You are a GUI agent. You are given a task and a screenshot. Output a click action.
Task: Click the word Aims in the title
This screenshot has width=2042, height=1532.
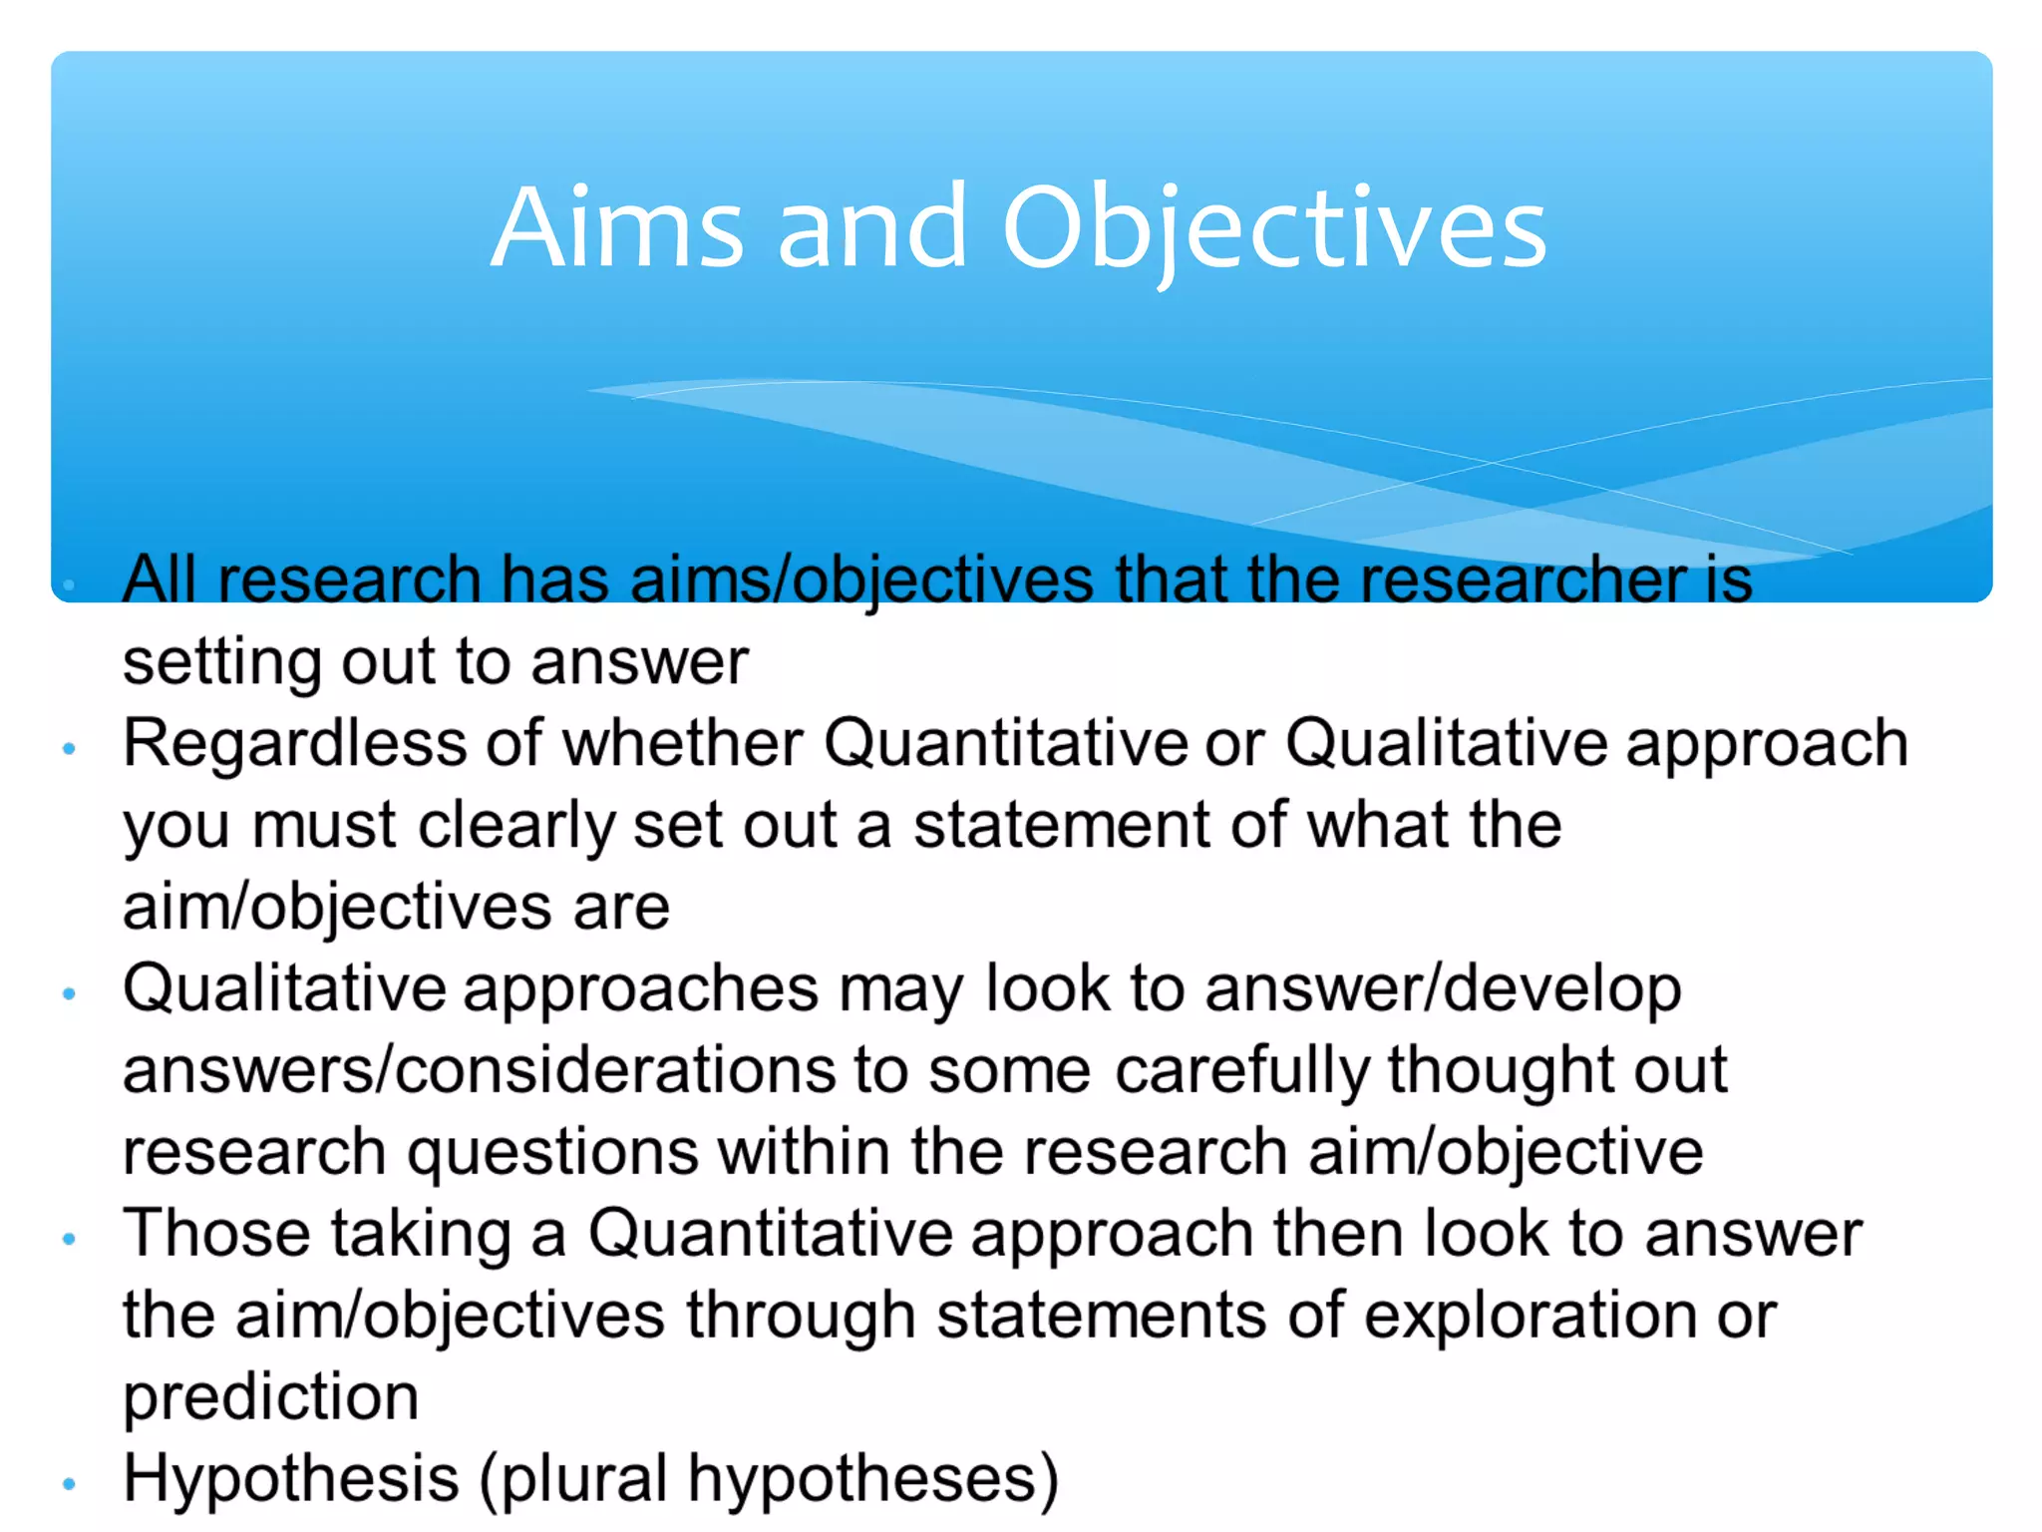[617, 229]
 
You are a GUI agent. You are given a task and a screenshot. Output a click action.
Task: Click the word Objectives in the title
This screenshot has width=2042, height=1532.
[1273, 231]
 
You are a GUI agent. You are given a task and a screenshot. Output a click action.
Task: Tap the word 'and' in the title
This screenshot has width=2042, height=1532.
[871, 229]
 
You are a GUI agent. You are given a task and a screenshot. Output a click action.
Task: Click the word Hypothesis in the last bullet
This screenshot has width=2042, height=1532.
[290, 1478]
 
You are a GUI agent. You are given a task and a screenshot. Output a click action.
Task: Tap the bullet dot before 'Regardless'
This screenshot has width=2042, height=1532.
[69, 749]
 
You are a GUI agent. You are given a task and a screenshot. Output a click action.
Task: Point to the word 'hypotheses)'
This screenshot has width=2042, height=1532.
[872, 1478]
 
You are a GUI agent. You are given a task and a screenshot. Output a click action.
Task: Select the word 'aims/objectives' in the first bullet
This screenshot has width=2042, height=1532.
[861, 580]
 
